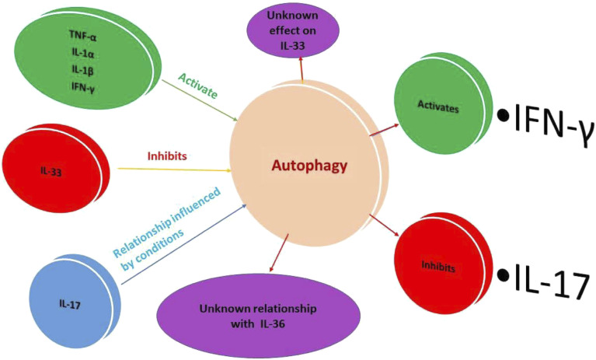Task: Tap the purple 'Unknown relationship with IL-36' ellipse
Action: [246, 314]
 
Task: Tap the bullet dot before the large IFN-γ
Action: [504, 115]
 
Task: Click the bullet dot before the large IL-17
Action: [504, 275]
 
